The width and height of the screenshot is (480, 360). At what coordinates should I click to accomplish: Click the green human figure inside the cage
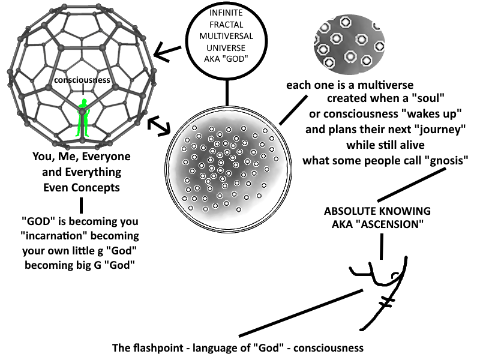(x=83, y=118)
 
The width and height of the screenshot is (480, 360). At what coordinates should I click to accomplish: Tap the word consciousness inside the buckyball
(x=82, y=80)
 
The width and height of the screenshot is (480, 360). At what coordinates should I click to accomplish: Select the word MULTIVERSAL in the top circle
(x=226, y=36)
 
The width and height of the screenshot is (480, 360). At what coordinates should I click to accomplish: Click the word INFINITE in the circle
(x=226, y=13)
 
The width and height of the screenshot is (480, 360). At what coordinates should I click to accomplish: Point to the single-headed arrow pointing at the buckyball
(x=167, y=53)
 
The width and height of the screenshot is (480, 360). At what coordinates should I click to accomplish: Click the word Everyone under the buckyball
(x=106, y=157)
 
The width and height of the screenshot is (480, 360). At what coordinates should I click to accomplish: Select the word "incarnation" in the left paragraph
(x=50, y=236)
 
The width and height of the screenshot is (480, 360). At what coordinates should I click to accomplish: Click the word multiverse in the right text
(x=385, y=85)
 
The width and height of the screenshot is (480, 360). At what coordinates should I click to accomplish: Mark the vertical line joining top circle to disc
(x=227, y=93)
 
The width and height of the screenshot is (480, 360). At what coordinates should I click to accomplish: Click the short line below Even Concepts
(x=81, y=205)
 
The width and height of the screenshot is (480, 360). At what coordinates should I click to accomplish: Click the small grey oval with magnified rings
(x=349, y=44)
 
